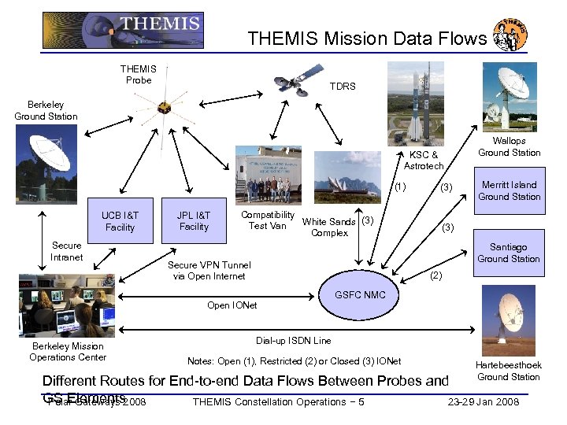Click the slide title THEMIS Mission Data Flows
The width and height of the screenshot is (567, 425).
[367, 39]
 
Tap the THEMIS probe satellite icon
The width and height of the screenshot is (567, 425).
[164, 107]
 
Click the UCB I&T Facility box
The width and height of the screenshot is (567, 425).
[120, 220]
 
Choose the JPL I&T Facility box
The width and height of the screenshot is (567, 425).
[194, 220]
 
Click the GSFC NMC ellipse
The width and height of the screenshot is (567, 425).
[360, 294]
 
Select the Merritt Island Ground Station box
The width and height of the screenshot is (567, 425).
[509, 190]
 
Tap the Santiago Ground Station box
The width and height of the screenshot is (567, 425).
[509, 253]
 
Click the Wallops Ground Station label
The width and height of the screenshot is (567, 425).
[509, 146]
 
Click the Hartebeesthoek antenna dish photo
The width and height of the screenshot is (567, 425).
[508, 320]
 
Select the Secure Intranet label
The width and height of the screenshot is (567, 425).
[66, 251]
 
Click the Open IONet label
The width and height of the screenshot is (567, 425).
[232, 305]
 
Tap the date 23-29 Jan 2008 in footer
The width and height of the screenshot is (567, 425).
[483, 402]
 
